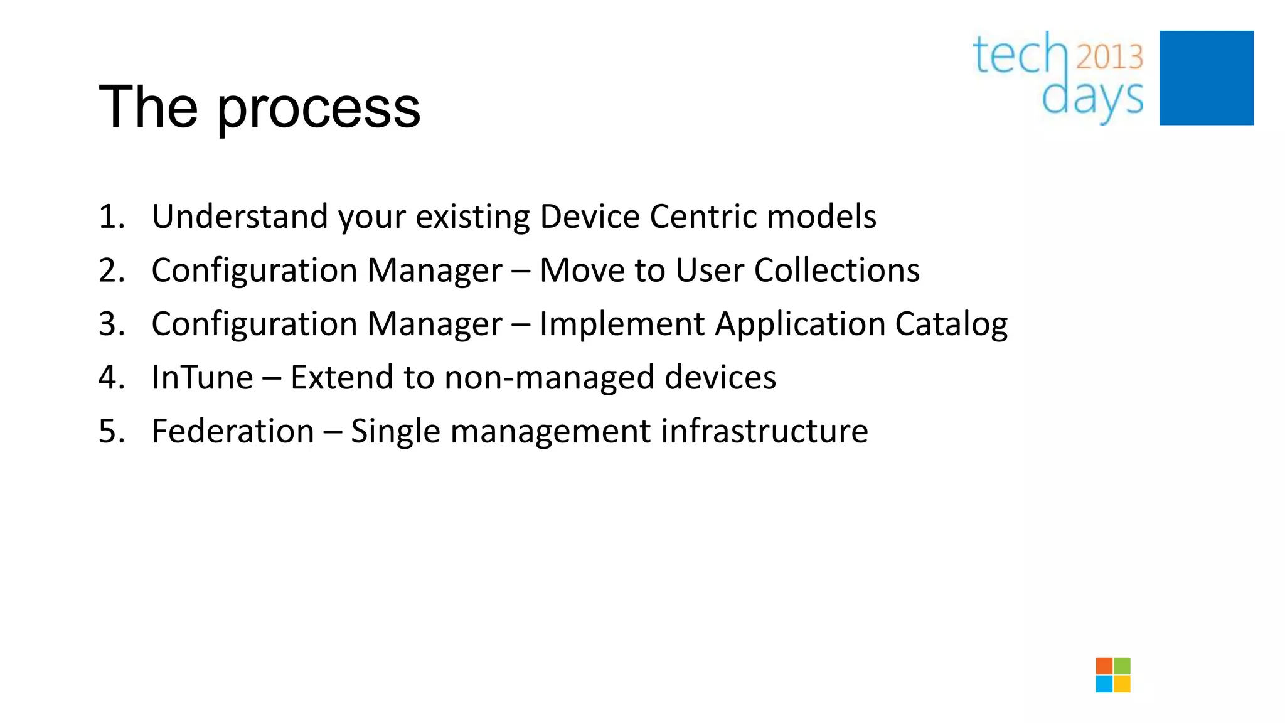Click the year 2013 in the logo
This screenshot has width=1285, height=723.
point(1109,57)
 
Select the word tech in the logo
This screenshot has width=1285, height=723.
point(1020,55)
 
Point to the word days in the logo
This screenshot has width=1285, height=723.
point(1092,98)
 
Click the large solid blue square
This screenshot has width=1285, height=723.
point(1206,78)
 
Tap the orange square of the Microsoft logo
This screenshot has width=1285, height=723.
point(1104,666)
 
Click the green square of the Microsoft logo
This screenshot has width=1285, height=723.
point(1122,666)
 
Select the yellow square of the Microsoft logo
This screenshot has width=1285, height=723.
point(1122,684)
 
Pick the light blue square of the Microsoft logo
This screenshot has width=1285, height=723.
point(1104,684)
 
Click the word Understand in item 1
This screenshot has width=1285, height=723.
point(240,217)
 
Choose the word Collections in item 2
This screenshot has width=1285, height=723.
point(836,270)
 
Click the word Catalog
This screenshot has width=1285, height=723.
point(951,324)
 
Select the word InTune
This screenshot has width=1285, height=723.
point(202,378)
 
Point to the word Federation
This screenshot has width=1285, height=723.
point(233,432)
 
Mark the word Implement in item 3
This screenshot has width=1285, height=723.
point(622,324)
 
